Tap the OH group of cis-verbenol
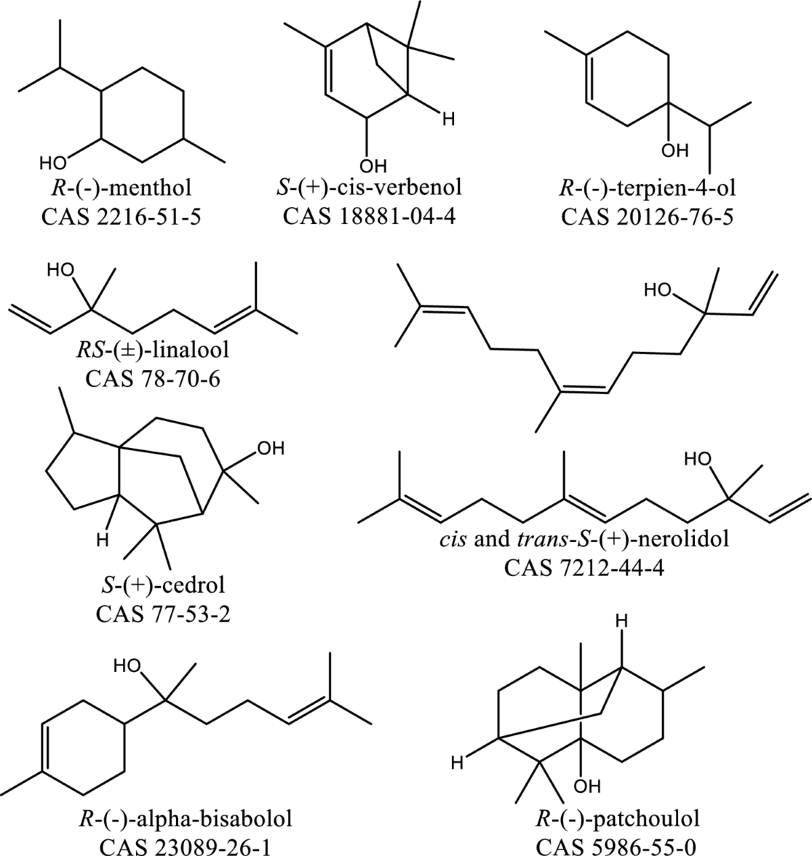(371, 164)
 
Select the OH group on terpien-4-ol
(673, 150)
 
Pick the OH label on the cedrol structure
(271, 449)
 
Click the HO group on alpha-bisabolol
(127, 666)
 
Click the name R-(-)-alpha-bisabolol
(182, 819)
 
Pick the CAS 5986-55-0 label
(616, 844)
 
